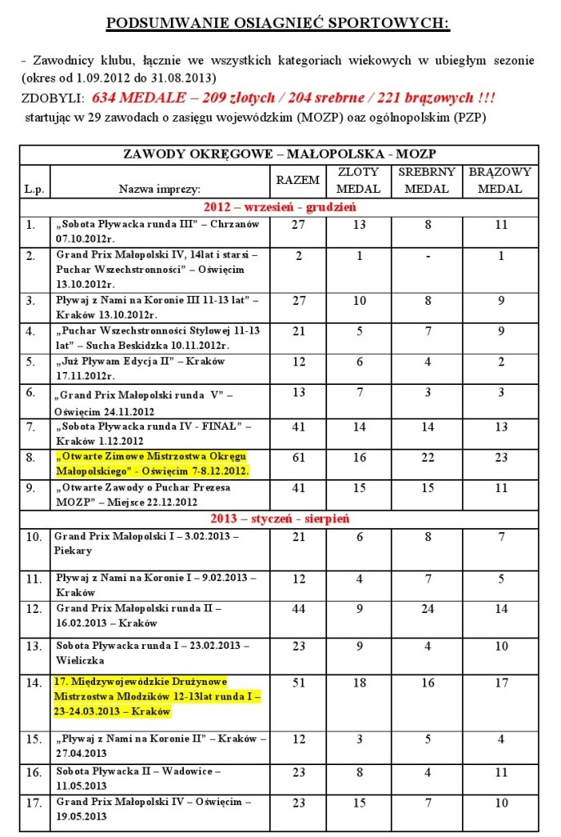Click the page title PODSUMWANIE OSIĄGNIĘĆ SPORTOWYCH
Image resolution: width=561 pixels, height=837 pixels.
278,22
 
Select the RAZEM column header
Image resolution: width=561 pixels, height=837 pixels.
293,180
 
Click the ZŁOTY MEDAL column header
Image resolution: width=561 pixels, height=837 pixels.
359,180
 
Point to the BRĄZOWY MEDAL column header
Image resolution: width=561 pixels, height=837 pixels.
499,180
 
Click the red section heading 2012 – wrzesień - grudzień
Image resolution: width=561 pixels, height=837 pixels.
279,207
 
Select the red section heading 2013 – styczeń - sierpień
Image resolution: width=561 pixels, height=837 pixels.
279,517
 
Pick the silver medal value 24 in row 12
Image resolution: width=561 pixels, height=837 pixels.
427,609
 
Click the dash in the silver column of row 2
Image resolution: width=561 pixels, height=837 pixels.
427,256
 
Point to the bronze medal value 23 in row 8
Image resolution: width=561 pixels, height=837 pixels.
500,457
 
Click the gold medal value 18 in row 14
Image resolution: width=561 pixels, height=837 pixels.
359,683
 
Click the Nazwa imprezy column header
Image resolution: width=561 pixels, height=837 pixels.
155,189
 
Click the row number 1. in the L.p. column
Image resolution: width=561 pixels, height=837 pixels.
31,224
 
